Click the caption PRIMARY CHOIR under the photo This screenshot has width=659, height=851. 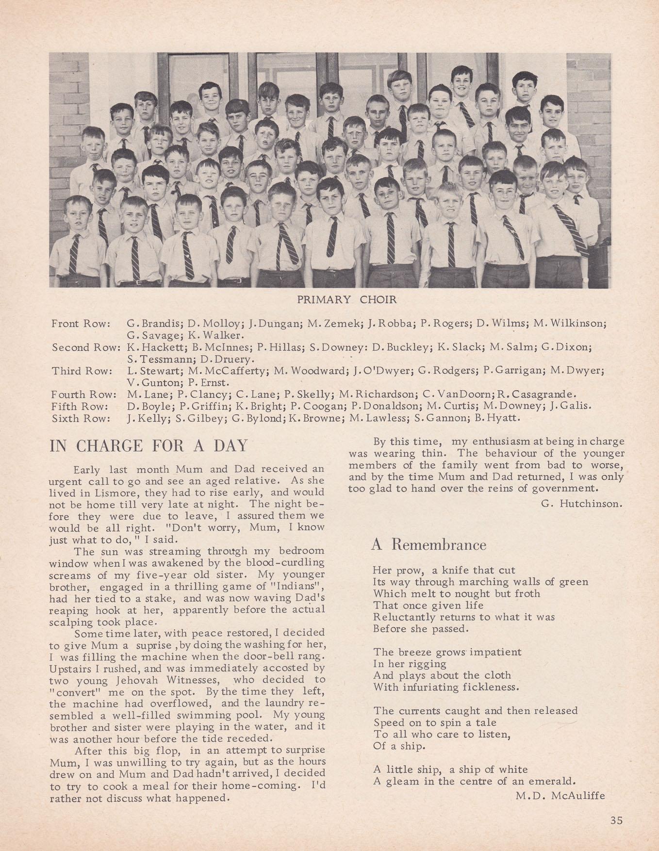[x=347, y=300]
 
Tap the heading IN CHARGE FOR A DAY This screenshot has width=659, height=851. [x=148, y=445]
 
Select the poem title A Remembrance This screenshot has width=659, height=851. [x=428, y=545]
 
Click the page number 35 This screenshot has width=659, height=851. [x=616, y=820]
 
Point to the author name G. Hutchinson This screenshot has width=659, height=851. [x=581, y=504]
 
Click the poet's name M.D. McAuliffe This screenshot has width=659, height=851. [x=560, y=795]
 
